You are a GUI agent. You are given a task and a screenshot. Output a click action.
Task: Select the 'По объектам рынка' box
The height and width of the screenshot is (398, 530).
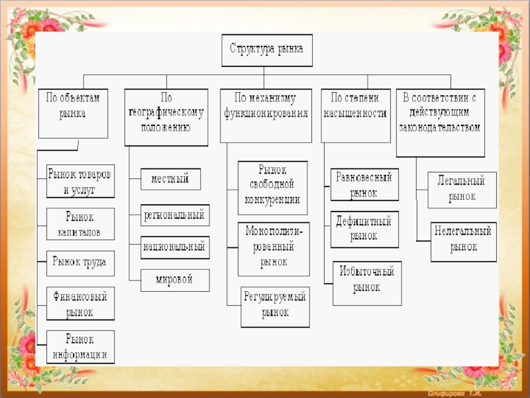(72, 113)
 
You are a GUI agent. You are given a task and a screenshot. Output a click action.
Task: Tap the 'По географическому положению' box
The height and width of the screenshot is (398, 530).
(165, 117)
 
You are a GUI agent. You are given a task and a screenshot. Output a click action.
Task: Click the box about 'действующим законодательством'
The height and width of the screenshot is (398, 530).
(440, 123)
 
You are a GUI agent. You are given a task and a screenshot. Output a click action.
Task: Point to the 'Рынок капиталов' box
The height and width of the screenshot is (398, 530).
(80, 224)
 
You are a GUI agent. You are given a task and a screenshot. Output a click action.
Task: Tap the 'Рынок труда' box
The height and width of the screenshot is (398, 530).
(80, 263)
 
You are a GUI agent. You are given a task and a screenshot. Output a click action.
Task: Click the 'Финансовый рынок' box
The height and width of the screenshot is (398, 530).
(80, 302)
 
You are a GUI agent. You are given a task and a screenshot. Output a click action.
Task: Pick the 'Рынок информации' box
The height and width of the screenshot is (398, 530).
(80, 346)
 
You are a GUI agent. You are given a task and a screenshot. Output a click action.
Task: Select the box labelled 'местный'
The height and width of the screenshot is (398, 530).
(170, 179)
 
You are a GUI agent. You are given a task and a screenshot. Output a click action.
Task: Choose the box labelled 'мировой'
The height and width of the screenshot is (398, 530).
(175, 280)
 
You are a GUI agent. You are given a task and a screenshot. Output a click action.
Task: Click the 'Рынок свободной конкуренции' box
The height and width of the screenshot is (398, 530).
(272, 188)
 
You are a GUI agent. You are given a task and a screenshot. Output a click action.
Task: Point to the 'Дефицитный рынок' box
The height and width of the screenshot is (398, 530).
(364, 228)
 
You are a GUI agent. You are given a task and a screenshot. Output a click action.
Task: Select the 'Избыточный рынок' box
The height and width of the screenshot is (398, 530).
(367, 279)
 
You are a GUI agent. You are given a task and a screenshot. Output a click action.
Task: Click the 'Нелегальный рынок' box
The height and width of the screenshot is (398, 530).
(463, 241)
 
